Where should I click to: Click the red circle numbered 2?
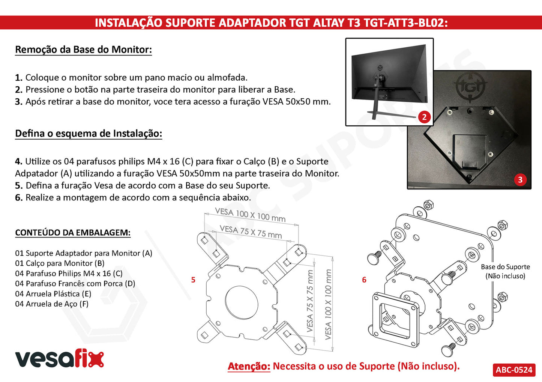pos(424,117)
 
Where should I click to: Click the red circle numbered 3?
pos(520,180)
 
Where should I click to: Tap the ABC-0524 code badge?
pos(514,370)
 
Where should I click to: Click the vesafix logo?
pos(60,358)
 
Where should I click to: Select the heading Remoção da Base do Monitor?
pos(84,50)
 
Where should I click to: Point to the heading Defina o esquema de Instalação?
pos(89,133)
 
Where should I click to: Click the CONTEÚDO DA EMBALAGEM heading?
pos(73,233)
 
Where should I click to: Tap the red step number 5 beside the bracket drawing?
pos(193,280)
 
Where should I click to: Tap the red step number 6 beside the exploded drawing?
pos(364,280)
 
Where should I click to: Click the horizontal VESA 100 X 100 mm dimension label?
pos(250,215)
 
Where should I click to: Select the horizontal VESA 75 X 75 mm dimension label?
pos(251,232)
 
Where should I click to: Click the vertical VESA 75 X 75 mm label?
pos(310,301)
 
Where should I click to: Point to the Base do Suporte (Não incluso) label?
pos(505,271)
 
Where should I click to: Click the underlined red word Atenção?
pos(249,366)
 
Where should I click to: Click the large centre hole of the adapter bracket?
pos(242,302)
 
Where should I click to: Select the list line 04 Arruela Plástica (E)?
pos(53,294)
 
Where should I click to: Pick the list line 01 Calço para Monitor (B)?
pos(60,263)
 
